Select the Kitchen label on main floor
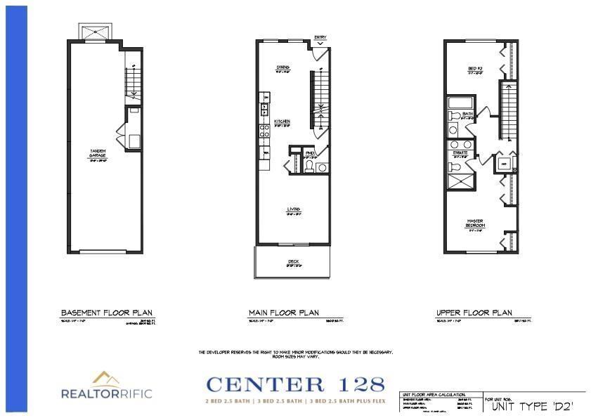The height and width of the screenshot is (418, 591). pyautogui.click(x=282, y=121)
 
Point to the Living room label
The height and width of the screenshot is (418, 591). pyautogui.click(x=293, y=209)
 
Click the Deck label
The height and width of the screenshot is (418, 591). pyautogui.click(x=293, y=262)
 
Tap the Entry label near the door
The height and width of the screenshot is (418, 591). pyautogui.click(x=320, y=37)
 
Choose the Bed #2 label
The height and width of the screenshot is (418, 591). pyautogui.click(x=474, y=68)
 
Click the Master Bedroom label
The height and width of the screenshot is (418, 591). pyautogui.click(x=474, y=224)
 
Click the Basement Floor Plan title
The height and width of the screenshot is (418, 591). pyautogui.click(x=107, y=313)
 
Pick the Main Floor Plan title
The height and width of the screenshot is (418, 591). pyautogui.click(x=284, y=313)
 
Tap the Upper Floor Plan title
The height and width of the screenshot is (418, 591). pyautogui.click(x=474, y=313)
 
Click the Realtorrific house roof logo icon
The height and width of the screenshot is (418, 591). pyautogui.click(x=105, y=379)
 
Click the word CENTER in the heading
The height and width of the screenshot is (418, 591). pyautogui.click(x=266, y=384)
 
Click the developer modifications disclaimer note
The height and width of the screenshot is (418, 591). pyautogui.click(x=295, y=354)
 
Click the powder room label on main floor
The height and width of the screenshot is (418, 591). pyautogui.click(x=310, y=152)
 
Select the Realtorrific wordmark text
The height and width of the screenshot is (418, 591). pyautogui.click(x=106, y=394)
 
